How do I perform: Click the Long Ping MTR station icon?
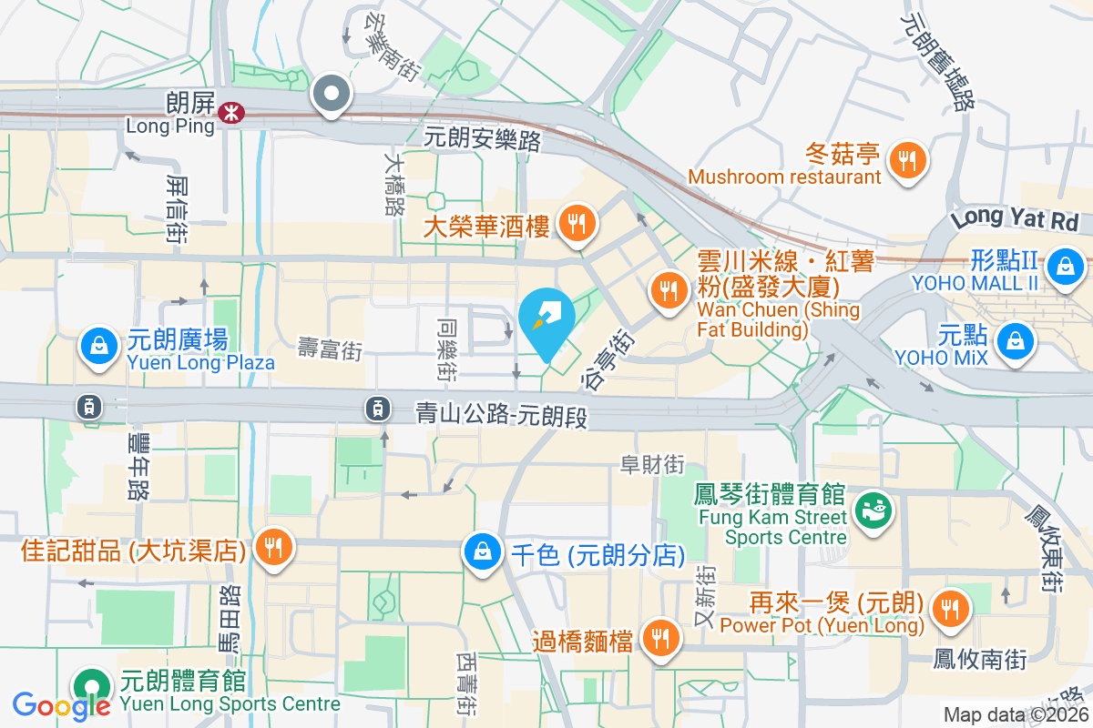[x=231, y=113]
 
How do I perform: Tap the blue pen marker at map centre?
[x=546, y=321]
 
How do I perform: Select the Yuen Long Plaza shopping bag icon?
[x=97, y=346]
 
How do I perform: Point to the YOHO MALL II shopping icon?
[x=1063, y=267]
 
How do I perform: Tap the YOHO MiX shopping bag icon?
[x=1013, y=341]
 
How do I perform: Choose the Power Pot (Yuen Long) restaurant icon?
[x=951, y=608]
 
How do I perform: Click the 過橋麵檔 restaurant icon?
[x=658, y=638]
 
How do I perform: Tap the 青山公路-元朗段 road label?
[x=500, y=416]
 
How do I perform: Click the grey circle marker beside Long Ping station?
[x=332, y=94]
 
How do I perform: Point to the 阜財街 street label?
[x=652, y=465]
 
